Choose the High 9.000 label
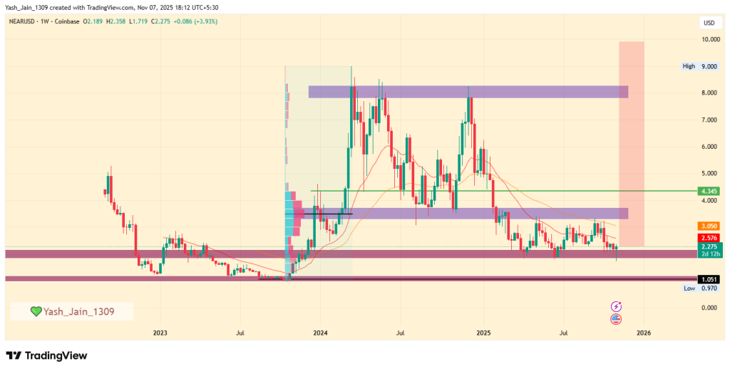(699, 66)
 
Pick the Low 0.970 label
(699, 288)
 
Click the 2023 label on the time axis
(160, 333)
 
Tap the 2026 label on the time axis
(644, 333)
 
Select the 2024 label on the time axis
(320, 333)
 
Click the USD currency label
(709, 23)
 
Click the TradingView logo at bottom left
(46, 355)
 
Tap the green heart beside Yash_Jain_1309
(36, 311)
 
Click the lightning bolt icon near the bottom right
(616, 305)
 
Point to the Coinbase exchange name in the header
(67, 21)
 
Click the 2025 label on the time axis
(483, 333)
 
